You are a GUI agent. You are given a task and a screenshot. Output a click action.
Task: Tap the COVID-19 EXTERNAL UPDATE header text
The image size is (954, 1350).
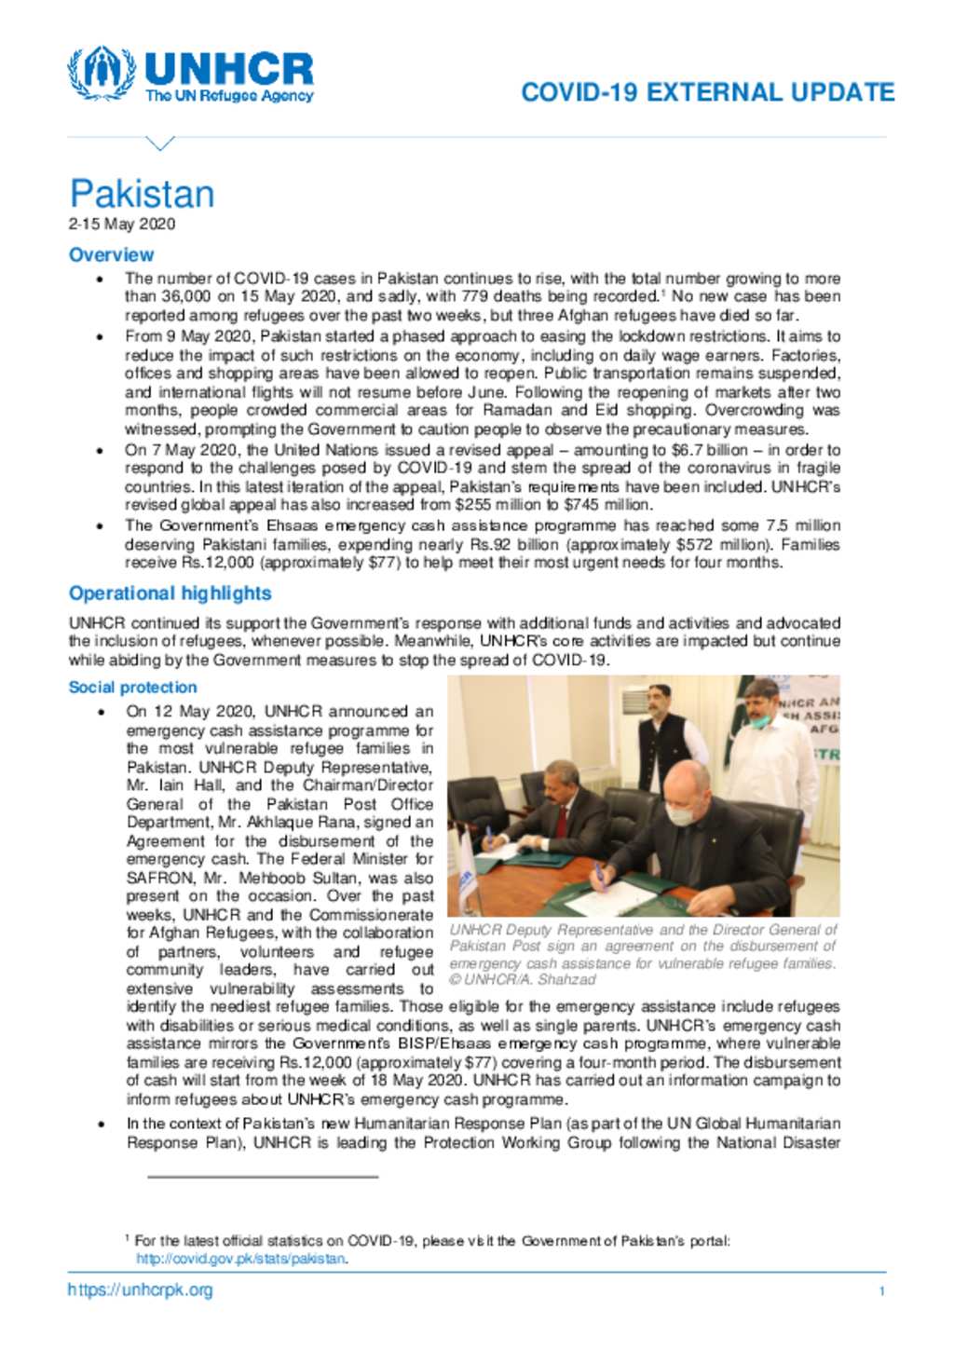coord(707,92)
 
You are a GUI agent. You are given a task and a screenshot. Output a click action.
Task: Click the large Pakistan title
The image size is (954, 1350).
coord(142,194)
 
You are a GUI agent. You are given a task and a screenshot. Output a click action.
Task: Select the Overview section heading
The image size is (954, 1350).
coord(111,254)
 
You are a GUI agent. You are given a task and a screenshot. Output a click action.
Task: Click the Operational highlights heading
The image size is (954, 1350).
coord(170,593)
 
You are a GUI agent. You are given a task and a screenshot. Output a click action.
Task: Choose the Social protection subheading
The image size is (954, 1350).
coord(132,687)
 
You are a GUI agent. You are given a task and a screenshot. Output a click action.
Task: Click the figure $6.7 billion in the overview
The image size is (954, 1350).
coord(714,449)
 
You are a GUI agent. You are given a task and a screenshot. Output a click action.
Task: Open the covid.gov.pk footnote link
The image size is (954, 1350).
coord(241,1259)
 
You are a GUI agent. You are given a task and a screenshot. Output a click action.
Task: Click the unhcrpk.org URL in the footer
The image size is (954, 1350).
coord(140,1290)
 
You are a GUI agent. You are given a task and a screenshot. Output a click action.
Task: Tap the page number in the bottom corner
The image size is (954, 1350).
coord(881,1291)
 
